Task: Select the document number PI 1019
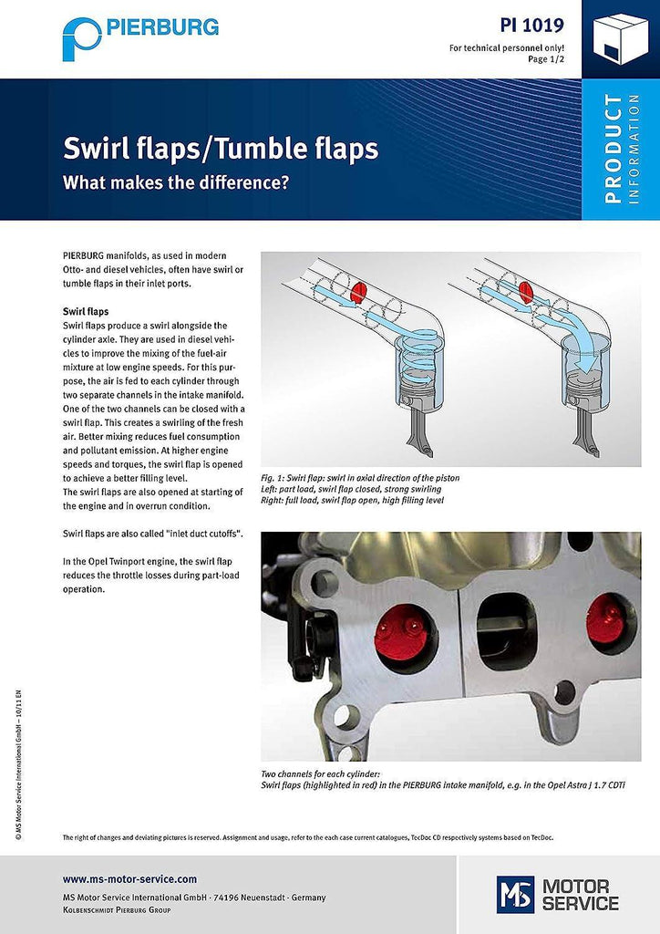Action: (x=531, y=25)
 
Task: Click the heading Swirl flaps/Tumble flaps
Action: (x=220, y=148)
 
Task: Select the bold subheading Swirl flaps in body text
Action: (x=86, y=311)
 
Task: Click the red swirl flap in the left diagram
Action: (x=357, y=292)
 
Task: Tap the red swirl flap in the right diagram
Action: (x=526, y=292)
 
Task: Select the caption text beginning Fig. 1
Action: (x=360, y=477)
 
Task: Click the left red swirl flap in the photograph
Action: (x=401, y=627)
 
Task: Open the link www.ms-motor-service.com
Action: (x=129, y=879)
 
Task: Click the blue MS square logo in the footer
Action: (x=515, y=894)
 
